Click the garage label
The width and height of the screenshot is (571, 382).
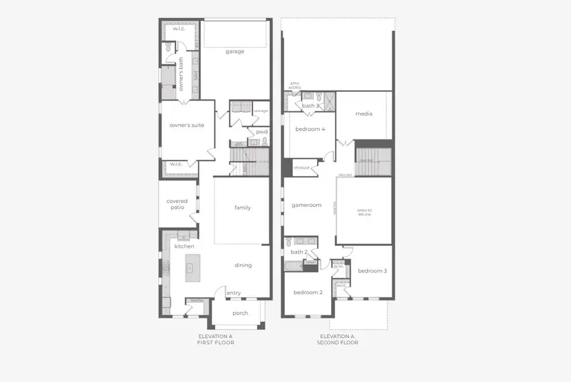pos(234,52)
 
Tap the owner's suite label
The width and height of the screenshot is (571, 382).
pos(187,125)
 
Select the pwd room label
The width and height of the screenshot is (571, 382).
pos(262,132)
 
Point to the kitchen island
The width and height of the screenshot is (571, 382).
pos(193,268)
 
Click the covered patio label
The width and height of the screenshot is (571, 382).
pos(177,204)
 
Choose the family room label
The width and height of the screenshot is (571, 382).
pos(242,208)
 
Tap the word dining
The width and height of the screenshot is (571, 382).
pos(243,265)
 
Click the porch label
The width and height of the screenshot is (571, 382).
pos(240,313)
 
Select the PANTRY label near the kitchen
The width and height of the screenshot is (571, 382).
pos(195,301)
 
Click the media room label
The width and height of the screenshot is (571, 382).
pos(364,114)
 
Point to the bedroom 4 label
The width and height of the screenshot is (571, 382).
pos(310,129)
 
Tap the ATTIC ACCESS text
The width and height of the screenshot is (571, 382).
pos(295,87)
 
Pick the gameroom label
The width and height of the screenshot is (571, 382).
pos(306,205)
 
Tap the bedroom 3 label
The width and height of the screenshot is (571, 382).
pos(372,271)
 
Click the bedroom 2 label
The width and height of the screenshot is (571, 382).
pos(308,292)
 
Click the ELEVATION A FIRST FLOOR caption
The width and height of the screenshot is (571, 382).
pos(216,339)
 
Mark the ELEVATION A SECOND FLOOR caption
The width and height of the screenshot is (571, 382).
pos(337,339)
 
